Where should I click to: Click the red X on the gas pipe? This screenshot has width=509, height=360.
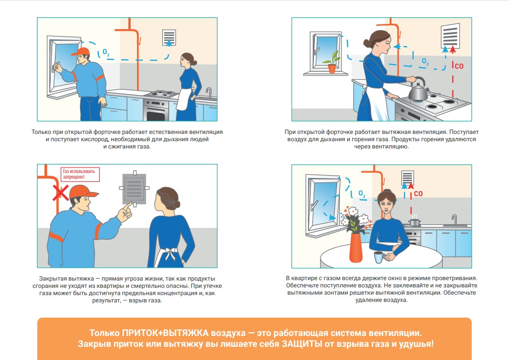[x=60, y=193]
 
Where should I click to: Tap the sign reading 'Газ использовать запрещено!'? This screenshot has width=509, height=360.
[x=80, y=174]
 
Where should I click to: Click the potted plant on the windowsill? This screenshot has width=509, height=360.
[x=332, y=62]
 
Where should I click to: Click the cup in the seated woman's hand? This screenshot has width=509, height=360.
[x=378, y=257]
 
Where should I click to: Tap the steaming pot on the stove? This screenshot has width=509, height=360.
[x=414, y=221]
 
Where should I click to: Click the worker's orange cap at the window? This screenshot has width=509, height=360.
[x=81, y=52]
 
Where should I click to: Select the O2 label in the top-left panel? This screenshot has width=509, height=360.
[x=106, y=52]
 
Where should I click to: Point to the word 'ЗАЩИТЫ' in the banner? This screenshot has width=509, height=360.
[x=302, y=344]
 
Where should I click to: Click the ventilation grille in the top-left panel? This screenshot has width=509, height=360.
[x=169, y=37]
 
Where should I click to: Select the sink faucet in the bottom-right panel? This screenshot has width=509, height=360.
[x=455, y=220]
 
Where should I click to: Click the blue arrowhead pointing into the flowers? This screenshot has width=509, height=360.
[x=332, y=217]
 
